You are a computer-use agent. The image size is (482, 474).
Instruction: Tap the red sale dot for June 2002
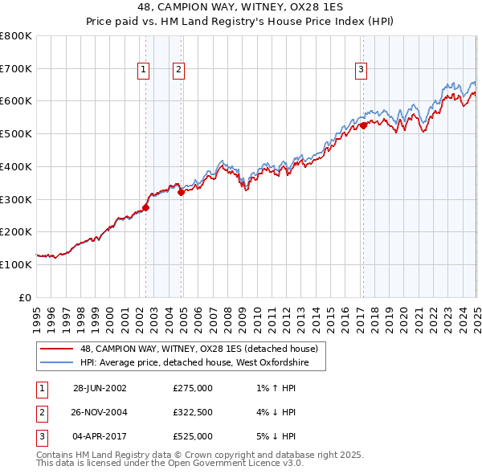pos(145,207)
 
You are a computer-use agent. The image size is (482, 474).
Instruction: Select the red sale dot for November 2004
pos(182,192)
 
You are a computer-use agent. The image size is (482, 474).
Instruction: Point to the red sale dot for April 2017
pos(363,125)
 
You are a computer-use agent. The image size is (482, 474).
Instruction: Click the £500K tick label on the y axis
pos(16,133)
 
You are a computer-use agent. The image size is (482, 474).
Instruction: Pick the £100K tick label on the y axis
pos(16,264)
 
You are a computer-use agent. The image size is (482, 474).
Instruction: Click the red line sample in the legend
pos(58,349)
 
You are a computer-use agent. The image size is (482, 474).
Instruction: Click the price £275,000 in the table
pos(193,388)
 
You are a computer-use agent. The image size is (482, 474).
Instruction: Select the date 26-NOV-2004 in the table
pos(100,412)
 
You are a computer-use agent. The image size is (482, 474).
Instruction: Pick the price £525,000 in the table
pos(193,436)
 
